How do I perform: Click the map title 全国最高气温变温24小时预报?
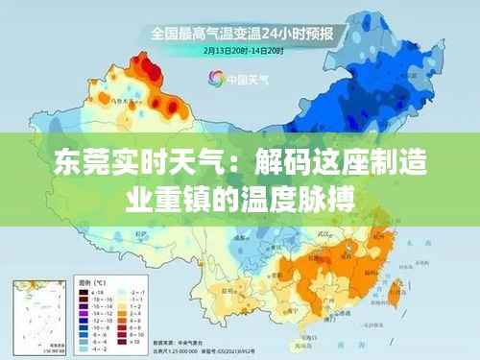[x=240, y=33]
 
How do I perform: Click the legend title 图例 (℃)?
[x=90, y=283]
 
